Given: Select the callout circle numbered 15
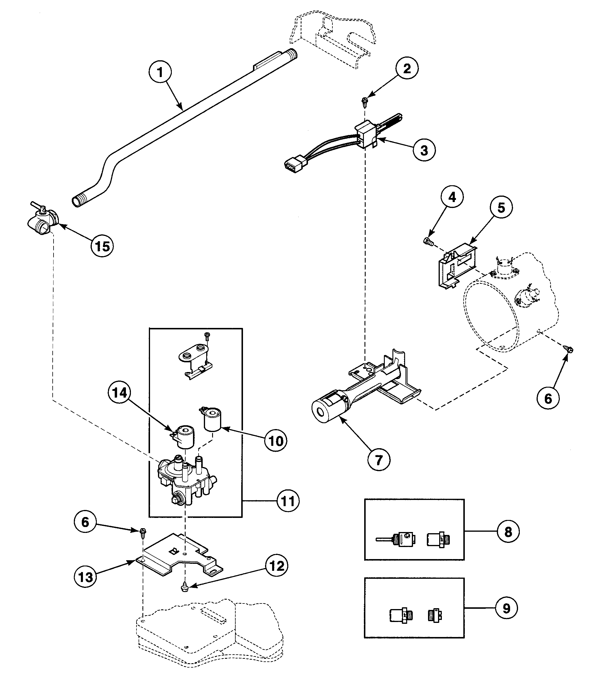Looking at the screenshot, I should coord(102,246).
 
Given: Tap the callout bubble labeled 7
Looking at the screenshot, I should coord(379,460).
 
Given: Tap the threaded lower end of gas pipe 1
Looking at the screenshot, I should coord(78,201).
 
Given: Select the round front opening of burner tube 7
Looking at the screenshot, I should coord(321,412).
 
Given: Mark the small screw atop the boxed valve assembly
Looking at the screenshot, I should coord(207,336).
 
